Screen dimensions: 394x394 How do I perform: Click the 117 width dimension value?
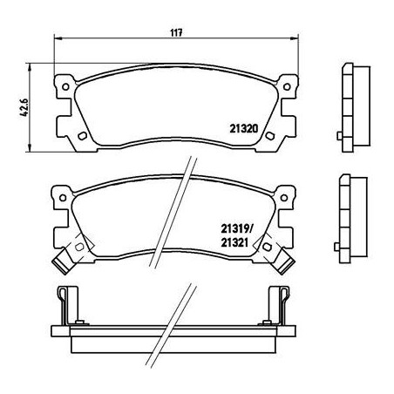pyautogui.click(x=176, y=33)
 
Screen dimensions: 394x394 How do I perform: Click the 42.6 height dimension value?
pyautogui.click(x=24, y=107)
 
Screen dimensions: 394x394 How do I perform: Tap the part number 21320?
pyautogui.click(x=244, y=128)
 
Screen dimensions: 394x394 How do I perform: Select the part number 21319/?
pyautogui.click(x=237, y=229)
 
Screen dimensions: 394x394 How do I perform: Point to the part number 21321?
pyautogui.click(x=234, y=242)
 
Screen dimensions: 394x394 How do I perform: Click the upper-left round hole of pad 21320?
pyautogui.click(x=65, y=86)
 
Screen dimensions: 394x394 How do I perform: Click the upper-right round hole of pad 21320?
pyautogui.click(x=287, y=86)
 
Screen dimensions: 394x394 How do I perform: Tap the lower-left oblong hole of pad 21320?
pyautogui.click(x=83, y=136)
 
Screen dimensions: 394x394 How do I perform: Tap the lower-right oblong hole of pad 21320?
pyautogui.click(x=270, y=136)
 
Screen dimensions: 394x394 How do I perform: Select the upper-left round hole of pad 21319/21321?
pyautogui.click(x=63, y=198)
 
